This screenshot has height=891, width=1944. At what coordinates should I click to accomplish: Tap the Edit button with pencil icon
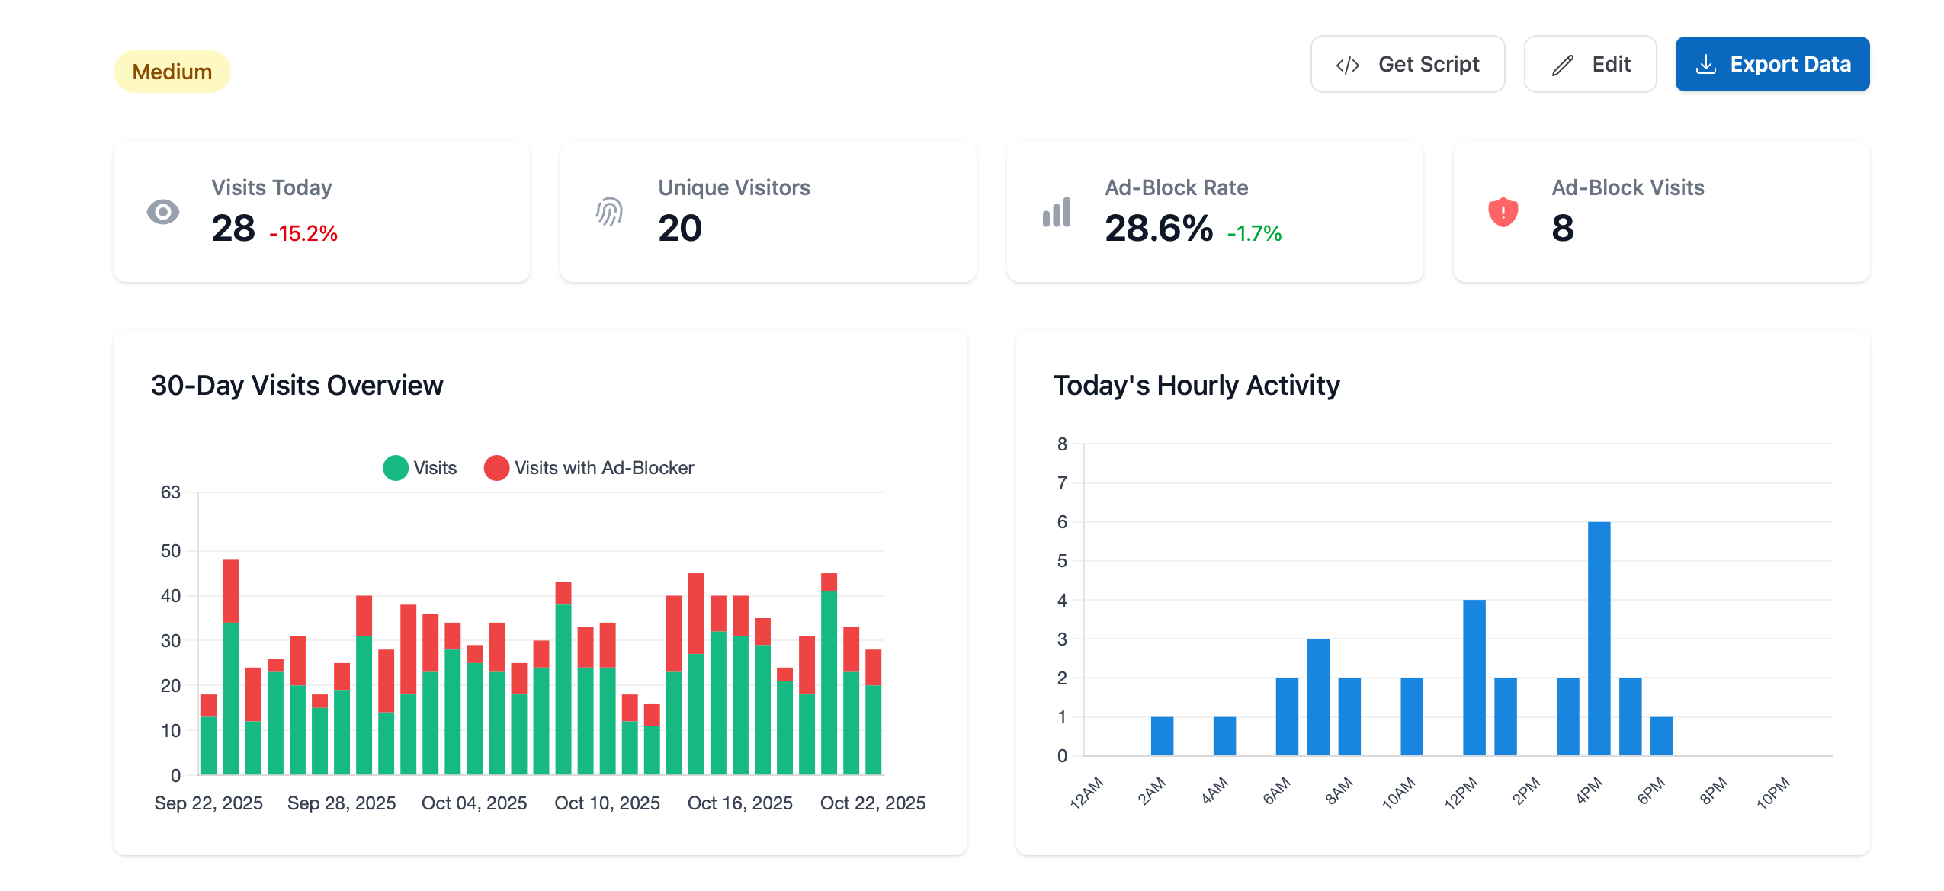[x=1590, y=64]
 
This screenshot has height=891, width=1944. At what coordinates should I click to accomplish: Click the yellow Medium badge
[x=172, y=72]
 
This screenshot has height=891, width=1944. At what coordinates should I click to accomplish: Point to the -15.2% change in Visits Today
[x=303, y=233]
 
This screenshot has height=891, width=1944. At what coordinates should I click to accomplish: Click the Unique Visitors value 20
[x=679, y=228]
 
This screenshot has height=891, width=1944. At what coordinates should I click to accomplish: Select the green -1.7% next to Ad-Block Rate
[x=1253, y=233]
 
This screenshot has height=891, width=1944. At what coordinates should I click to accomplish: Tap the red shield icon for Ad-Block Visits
[x=1503, y=212]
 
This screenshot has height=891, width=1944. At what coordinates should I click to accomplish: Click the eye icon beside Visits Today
[x=163, y=212]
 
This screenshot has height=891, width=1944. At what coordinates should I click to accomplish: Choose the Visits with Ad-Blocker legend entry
[x=589, y=468]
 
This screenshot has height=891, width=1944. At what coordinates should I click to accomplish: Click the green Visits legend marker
[x=395, y=468]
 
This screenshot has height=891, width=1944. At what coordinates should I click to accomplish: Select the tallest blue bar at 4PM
[x=1598, y=639]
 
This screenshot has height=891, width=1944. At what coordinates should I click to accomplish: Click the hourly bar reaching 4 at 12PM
[x=1474, y=677]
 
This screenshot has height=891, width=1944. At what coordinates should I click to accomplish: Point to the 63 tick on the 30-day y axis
[x=170, y=492]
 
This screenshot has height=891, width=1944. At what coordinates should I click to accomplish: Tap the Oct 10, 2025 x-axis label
[x=607, y=803]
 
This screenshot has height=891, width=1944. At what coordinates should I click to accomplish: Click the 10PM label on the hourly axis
[x=1772, y=793]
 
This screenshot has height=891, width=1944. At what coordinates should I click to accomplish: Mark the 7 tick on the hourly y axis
[x=1061, y=483]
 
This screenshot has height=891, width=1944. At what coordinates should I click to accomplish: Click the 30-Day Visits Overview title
[x=297, y=386]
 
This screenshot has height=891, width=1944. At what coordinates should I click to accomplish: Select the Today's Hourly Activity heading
[x=1195, y=386]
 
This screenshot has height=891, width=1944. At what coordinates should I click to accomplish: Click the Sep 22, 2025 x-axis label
[x=208, y=803]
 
